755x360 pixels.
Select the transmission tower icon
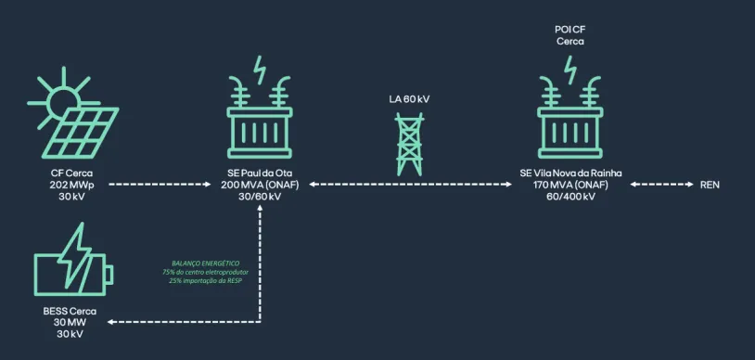point(409,144)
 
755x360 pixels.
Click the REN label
point(710,185)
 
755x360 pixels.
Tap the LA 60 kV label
point(409,100)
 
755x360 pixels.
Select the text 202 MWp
point(71,185)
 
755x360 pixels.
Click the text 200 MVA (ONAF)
point(260,185)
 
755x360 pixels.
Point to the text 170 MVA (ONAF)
point(570,185)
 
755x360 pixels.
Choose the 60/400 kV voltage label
point(570,197)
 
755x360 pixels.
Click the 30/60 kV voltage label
point(260,197)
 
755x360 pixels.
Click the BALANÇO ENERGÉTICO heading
point(206,264)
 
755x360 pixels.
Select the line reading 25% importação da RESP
point(206,280)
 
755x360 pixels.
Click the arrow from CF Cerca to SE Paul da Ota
point(160,184)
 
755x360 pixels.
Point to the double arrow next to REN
point(661,184)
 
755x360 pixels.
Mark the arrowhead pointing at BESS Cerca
point(110,321)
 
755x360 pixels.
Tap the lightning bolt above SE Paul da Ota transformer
point(260,71)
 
